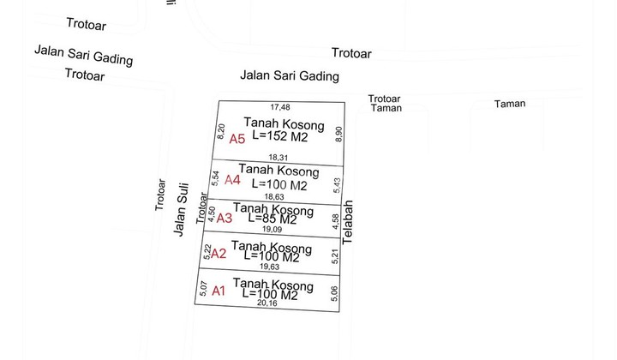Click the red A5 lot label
237,139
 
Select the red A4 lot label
232,180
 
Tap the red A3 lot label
224,219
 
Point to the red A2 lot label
219,253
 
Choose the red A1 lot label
219,291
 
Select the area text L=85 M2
273,219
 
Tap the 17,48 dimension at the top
280,107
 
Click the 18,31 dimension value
279,158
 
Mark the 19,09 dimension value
273,229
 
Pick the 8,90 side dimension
339,135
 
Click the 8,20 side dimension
221,131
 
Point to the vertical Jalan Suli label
181,216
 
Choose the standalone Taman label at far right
510,104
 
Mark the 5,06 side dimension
334,293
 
